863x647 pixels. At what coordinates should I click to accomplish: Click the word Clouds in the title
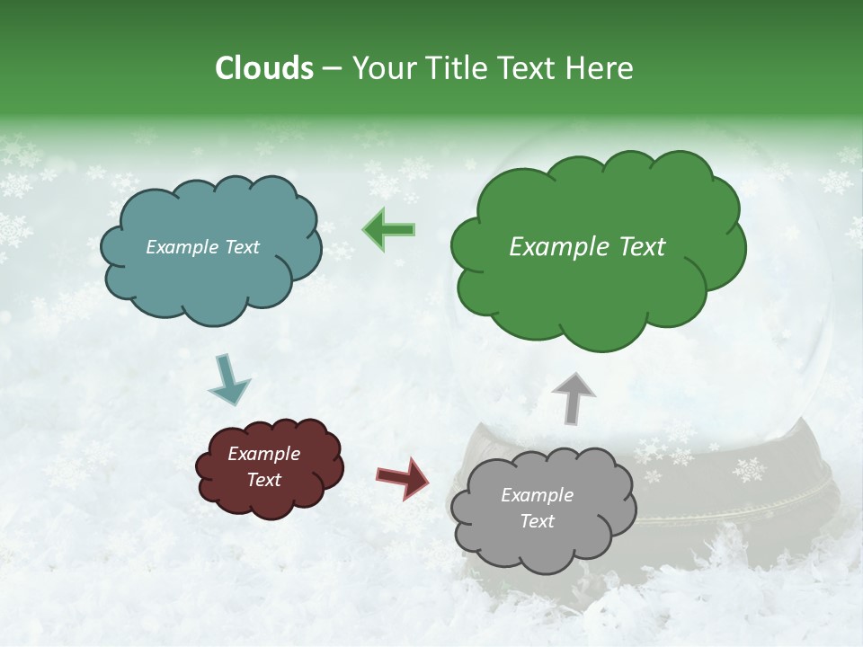(264, 68)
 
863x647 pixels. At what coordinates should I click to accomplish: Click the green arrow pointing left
(389, 230)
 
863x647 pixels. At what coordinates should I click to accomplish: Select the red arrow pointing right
(402, 477)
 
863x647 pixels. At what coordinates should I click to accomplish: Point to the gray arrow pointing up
(573, 397)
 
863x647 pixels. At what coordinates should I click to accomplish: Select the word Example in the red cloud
(263, 454)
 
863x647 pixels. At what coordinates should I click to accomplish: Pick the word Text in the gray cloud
(537, 521)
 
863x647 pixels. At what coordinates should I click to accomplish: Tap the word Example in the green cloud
(554, 247)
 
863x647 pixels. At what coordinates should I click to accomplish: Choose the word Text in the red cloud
(263, 480)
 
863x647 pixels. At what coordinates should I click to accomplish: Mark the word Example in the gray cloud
(537, 495)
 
